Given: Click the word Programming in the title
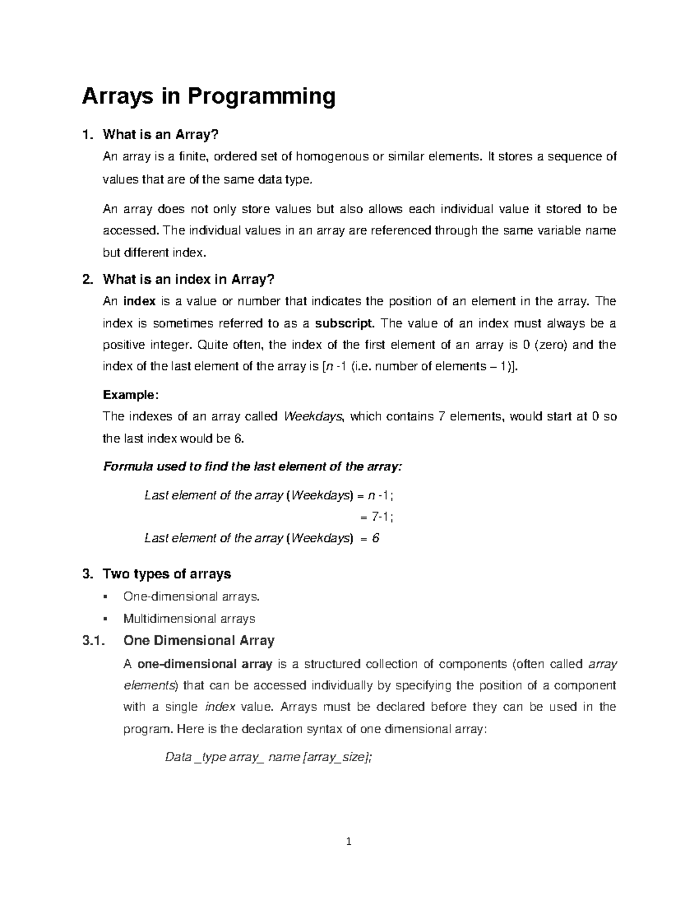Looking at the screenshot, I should pyautogui.click(x=261, y=96).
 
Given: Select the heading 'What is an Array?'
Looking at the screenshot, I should pyautogui.click(x=160, y=135).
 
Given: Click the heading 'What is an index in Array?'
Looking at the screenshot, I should pyautogui.click(x=188, y=280).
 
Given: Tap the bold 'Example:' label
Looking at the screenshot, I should pyautogui.click(x=130, y=395).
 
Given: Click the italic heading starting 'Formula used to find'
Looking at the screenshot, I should pyautogui.click(x=252, y=467).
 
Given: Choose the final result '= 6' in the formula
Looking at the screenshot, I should pyautogui.click(x=370, y=538).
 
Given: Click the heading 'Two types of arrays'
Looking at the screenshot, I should pyautogui.click(x=167, y=574).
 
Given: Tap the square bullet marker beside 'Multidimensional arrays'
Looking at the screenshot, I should pyautogui.click(x=105, y=618).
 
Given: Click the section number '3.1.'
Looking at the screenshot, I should pyautogui.click(x=93, y=641).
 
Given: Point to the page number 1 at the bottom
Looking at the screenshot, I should pyautogui.click(x=349, y=841).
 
